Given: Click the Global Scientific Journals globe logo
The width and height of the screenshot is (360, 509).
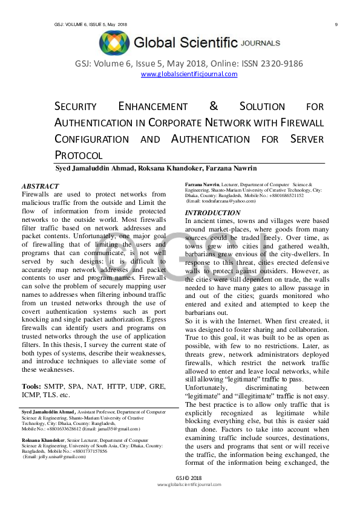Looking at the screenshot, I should [x=114, y=43].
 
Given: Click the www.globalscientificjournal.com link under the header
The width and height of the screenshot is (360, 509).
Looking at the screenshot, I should [x=189, y=74].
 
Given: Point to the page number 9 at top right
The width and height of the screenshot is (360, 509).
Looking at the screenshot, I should [x=335, y=24].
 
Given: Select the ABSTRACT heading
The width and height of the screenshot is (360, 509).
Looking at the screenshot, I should [x=41, y=186].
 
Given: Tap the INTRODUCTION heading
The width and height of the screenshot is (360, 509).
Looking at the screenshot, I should [x=212, y=213].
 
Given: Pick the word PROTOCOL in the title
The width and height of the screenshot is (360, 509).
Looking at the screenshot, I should [x=79, y=155].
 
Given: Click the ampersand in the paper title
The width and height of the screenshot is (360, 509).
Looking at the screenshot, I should [x=213, y=106].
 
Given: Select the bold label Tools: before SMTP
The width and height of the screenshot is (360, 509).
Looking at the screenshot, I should [x=31, y=369].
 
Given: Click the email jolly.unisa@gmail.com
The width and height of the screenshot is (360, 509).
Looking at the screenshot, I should [x=55, y=456].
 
